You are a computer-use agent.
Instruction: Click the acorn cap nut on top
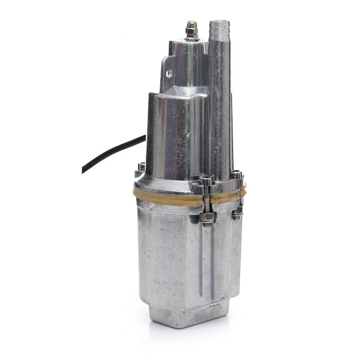click(x=192, y=28)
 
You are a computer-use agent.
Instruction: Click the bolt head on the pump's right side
click(x=236, y=175)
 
